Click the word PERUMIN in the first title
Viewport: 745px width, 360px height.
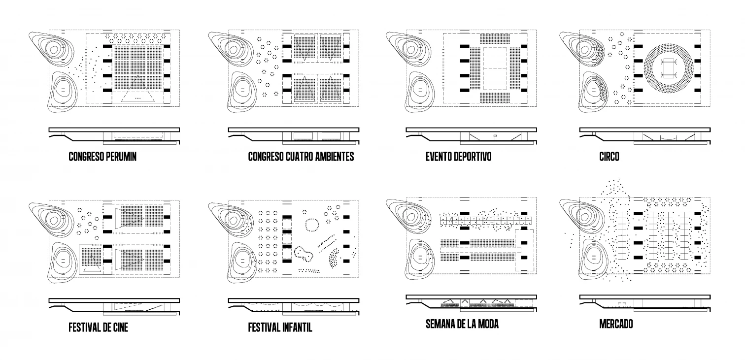(x=121, y=157)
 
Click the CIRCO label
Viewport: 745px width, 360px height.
(x=609, y=157)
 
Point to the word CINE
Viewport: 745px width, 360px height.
(x=119, y=327)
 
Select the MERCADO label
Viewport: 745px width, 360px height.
(x=616, y=324)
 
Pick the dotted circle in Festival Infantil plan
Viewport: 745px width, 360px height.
(x=311, y=226)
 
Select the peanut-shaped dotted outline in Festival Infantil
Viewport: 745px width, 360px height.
(x=305, y=254)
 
